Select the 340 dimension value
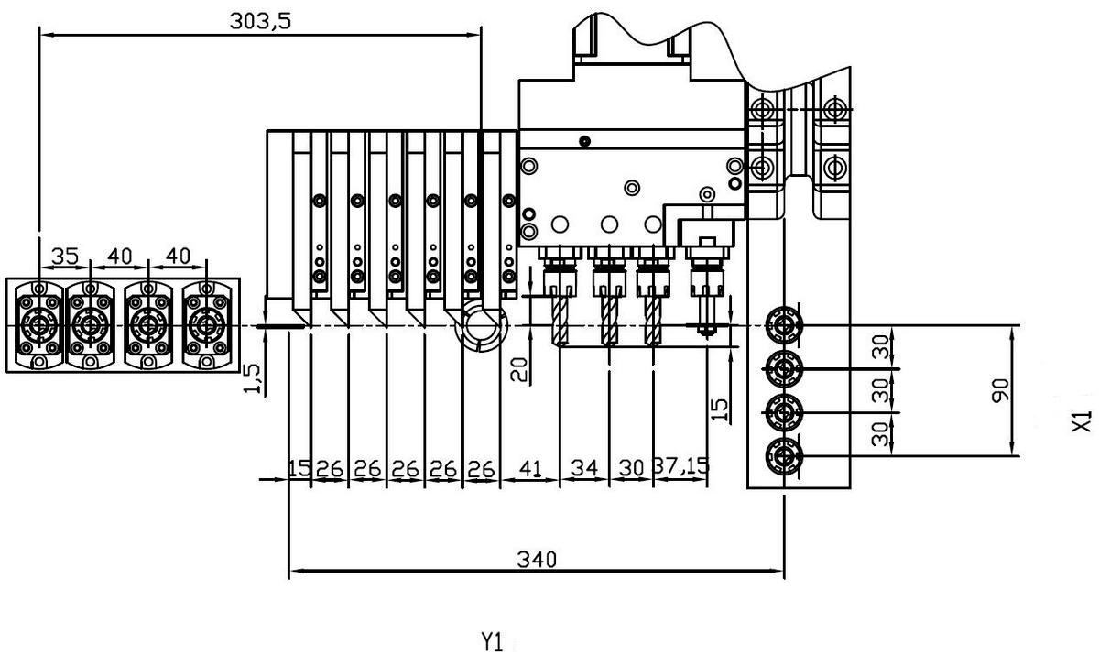(537, 558)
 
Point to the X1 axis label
(1082, 421)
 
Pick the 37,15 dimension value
(681, 467)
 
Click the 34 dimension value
(583, 467)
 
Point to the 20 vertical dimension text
(518, 370)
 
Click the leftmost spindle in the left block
(39, 324)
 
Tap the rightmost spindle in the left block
(205, 324)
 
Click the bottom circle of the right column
(784, 454)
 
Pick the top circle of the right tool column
(784, 324)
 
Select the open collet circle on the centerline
(480, 325)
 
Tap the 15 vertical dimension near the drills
(721, 409)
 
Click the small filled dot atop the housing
(584, 140)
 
